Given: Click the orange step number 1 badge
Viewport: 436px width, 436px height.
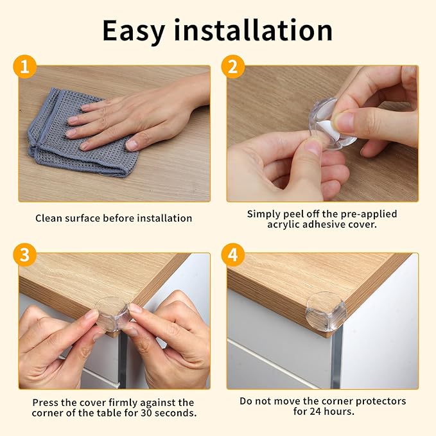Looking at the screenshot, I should [24, 67].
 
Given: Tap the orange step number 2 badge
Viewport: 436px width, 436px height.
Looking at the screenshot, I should [232, 67].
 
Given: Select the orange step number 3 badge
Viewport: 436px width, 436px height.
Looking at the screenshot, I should [24, 255].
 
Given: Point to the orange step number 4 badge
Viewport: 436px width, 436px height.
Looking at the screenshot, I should [232, 255].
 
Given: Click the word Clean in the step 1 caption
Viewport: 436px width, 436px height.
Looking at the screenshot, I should [49, 218].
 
